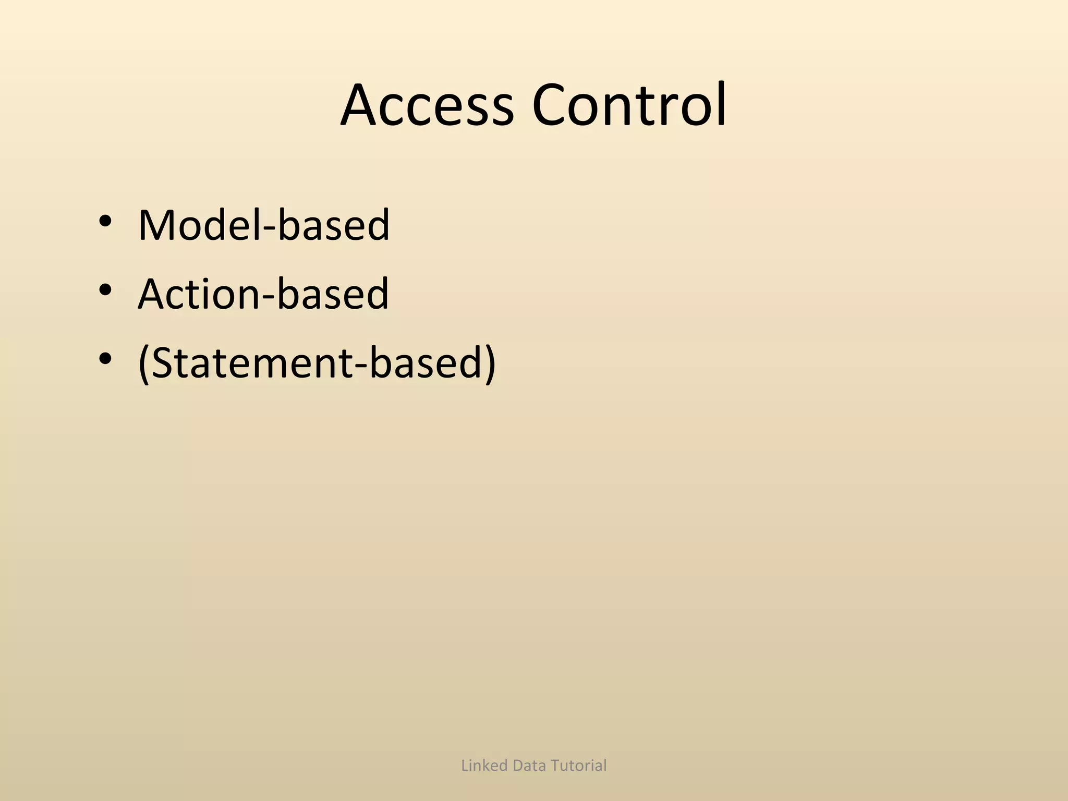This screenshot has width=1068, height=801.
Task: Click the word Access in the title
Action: (x=427, y=106)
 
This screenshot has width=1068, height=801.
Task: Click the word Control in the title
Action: (x=629, y=106)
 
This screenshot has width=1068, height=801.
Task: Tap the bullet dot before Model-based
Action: (x=105, y=221)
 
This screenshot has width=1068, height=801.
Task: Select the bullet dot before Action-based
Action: (x=105, y=290)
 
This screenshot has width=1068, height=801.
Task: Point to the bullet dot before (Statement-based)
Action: (x=105, y=359)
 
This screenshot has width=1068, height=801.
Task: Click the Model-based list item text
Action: (x=263, y=225)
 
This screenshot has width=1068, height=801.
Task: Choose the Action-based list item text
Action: (x=263, y=294)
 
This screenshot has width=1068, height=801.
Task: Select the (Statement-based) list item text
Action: (x=317, y=363)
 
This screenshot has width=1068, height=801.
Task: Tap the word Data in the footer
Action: (x=529, y=766)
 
